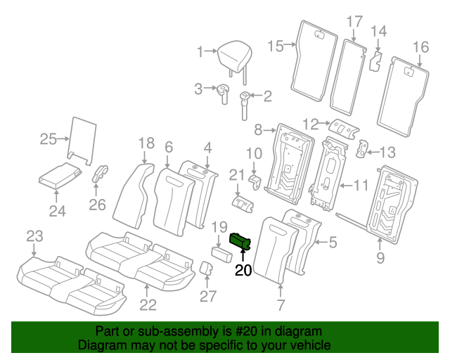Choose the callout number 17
[354, 22]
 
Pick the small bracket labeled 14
[376, 60]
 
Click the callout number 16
[420, 47]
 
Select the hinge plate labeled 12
[344, 129]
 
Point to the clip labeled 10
[255, 182]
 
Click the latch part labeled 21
[243, 204]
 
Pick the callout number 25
[48, 139]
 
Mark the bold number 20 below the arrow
[243, 270]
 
